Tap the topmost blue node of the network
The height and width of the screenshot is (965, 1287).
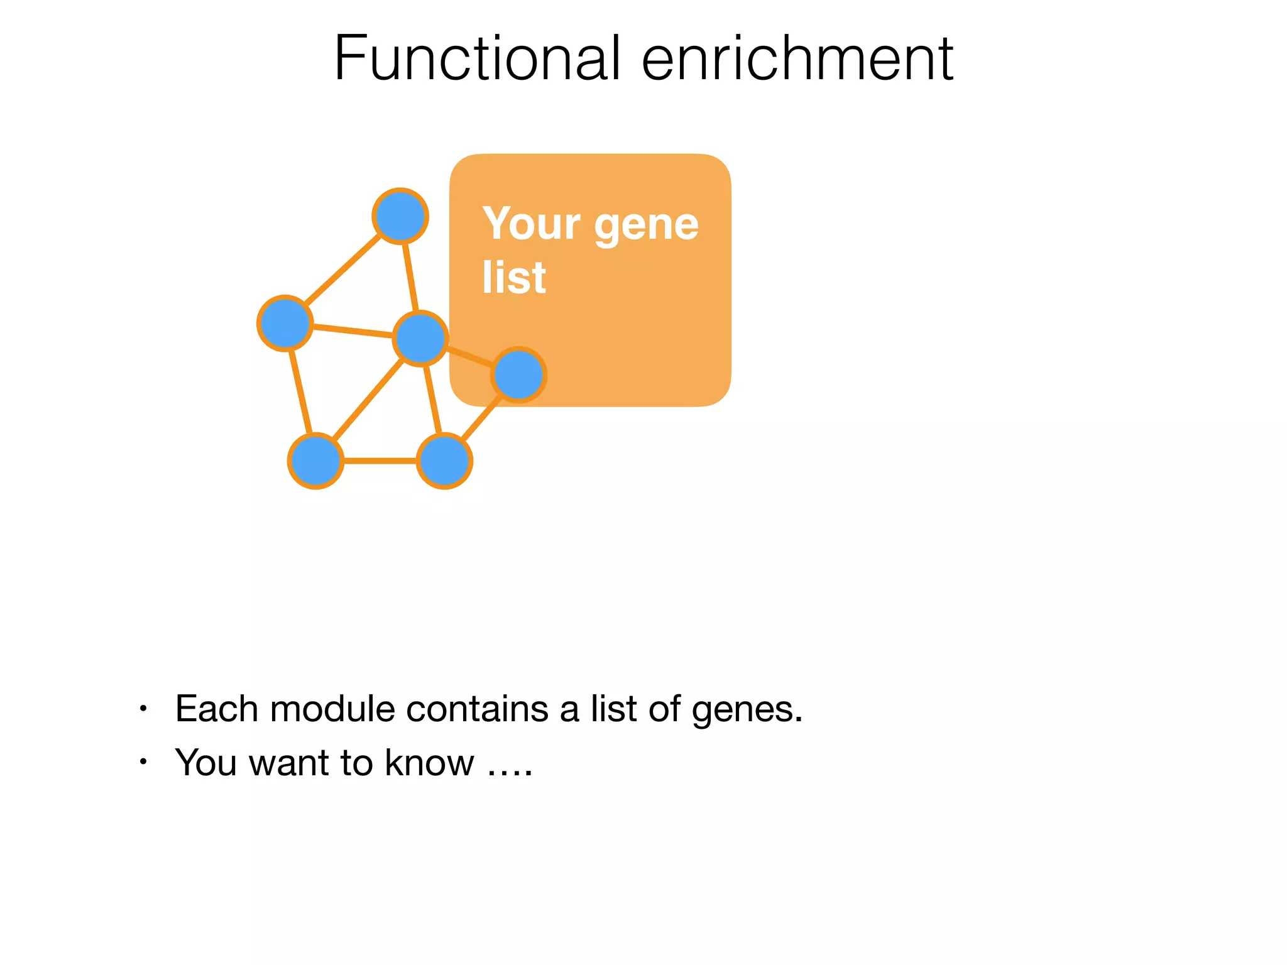coord(400,216)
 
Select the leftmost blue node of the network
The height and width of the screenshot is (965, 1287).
coord(285,323)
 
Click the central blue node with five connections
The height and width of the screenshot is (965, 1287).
coord(420,338)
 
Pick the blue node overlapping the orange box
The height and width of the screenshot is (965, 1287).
coord(518,375)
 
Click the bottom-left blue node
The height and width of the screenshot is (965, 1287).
coord(315,461)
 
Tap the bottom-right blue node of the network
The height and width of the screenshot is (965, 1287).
coord(444,461)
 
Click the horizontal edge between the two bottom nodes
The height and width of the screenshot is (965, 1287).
coord(380,461)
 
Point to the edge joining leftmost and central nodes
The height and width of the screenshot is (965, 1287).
coord(352,330)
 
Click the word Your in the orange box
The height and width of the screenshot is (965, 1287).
coord(532,224)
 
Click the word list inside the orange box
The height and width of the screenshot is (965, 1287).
coord(513,277)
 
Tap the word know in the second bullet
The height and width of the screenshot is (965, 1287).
coord(429,763)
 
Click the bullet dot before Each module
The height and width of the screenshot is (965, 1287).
coord(143,709)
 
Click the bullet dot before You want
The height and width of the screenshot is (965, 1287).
coord(143,762)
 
